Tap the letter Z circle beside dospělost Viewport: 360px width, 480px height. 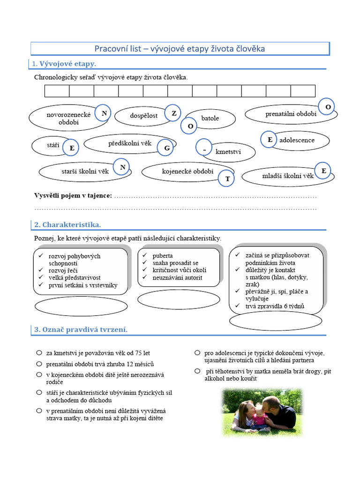click(173, 112)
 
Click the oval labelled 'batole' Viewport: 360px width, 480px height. click(210, 119)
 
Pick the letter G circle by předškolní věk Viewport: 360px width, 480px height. click(166, 148)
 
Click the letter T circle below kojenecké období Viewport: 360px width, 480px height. click(227, 179)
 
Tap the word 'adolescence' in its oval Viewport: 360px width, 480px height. click(297, 140)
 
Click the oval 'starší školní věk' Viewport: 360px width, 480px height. click(78, 172)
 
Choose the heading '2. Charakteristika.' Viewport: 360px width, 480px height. click(67, 225)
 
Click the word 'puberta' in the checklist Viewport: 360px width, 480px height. click(163, 256)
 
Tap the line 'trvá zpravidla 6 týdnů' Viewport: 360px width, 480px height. click(275, 307)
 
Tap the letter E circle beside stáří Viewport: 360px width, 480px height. click(71, 148)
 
